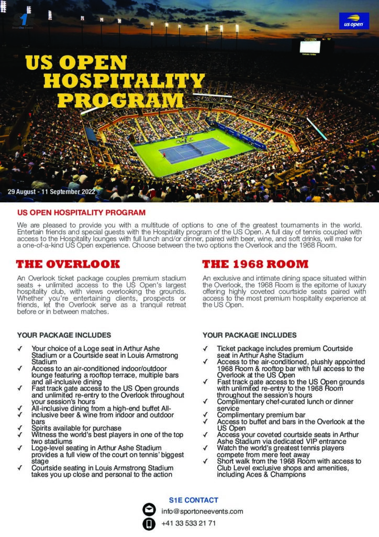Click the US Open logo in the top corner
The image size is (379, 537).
click(354, 21)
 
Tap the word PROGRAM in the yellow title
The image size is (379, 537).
click(120, 100)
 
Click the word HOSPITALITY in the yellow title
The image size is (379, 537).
click(124, 81)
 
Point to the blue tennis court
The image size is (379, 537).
click(194, 150)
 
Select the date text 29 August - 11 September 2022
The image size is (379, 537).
click(52, 192)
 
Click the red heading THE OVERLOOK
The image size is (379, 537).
click(68, 264)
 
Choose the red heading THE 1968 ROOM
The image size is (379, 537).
click(255, 264)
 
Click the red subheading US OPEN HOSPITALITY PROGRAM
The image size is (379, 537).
click(81, 213)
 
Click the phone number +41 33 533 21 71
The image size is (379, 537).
click(188, 523)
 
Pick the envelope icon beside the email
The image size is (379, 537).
click(149, 510)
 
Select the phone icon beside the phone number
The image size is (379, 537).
click(149, 523)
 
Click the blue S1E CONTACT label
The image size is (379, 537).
click(193, 500)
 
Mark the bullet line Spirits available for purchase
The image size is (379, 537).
click(76, 428)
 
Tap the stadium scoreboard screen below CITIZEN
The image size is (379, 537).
click(309, 47)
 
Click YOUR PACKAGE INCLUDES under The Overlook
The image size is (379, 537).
click(64, 335)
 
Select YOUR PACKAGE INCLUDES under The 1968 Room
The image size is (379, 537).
click(249, 335)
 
